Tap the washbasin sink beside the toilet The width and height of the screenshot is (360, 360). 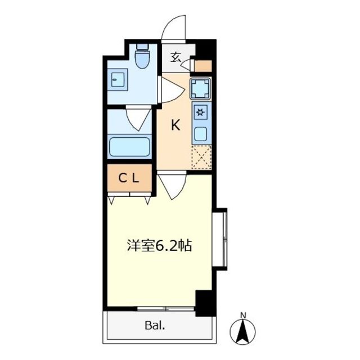[x=118, y=79]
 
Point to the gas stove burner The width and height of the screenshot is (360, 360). [x=200, y=112]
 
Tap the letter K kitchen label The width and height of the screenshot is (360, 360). [x=175, y=125]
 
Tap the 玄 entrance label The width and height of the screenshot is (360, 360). [x=175, y=57]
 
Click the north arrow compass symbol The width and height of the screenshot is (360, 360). [x=243, y=331]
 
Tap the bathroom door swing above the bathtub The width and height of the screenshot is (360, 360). [x=138, y=118]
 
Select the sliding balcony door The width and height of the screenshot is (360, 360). [x=166, y=308]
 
